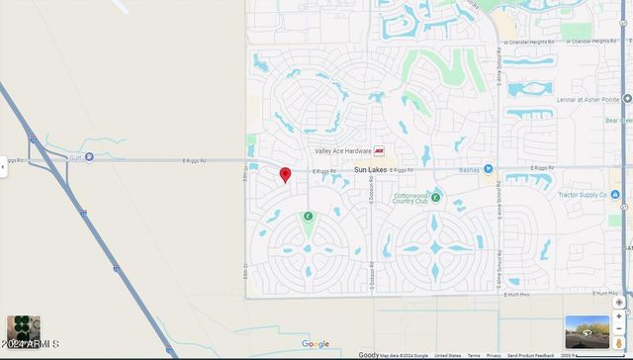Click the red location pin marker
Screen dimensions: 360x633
[285, 175]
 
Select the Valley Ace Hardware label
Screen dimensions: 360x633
[342, 151]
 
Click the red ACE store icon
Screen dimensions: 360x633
[379, 151]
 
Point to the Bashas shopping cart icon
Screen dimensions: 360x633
[489, 169]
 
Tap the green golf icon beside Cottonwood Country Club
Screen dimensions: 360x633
[435, 198]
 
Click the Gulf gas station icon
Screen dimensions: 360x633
[89, 156]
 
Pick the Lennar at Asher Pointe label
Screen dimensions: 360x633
[592, 99]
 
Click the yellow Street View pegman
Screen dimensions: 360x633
[619, 341]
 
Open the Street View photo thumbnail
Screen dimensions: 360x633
[587, 331]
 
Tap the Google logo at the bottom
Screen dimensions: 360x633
[316, 344]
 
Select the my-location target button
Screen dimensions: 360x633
[619, 302]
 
